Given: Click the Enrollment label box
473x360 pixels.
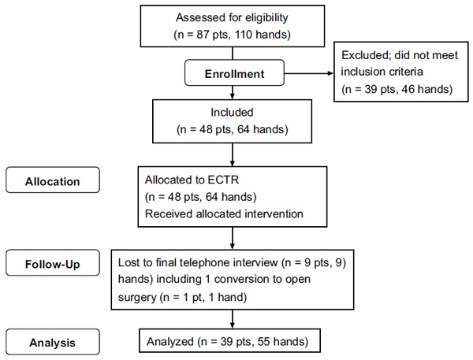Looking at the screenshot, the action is (x=234, y=72).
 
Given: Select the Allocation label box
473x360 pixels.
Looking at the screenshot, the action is (x=53, y=180).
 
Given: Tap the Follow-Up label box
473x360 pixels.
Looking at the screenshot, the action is (x=53, y=262).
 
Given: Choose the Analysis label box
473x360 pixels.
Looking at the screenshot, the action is (x=53, y=342).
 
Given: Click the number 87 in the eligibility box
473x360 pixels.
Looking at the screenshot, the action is (x=203, y=35).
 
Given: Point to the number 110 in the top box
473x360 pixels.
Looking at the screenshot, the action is (x=243, y=35).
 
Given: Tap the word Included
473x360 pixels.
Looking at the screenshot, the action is (x=232, y=113).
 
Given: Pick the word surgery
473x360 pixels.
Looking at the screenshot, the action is (x=137, y=298).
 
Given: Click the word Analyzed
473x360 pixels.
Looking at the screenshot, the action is (x=169, y=342).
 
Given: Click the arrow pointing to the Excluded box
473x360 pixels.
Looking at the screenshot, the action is (x=309, y=73).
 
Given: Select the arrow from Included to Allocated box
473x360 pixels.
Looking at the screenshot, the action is (x=233, y=154).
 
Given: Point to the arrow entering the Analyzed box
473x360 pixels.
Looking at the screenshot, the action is (x=233, y=319).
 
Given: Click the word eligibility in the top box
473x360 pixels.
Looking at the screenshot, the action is (x=266, y=18).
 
